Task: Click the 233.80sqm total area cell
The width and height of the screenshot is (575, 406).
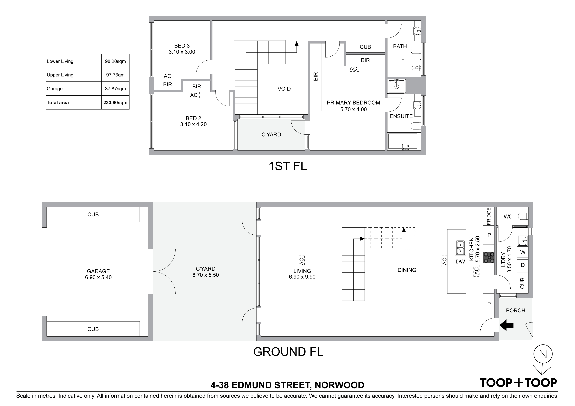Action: point(115,102)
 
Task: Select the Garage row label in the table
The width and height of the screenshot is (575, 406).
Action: point(55,89)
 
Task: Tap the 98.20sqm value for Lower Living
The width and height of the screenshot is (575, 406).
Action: point(115,61)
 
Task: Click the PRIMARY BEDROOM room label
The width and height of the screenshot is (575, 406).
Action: point(353,102)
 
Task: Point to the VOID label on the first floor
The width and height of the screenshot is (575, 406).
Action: point(284,89)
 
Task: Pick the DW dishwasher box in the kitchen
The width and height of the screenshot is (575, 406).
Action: point(460,262)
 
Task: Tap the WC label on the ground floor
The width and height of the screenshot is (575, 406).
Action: point(508,217)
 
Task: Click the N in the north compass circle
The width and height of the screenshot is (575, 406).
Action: point(543,354)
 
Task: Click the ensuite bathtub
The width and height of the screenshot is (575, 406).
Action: point(402,142)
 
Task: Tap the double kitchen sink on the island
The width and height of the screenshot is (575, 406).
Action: point(460,247)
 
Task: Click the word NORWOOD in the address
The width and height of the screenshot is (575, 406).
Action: point(339,385)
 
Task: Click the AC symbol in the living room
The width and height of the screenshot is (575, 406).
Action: point(302,261)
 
